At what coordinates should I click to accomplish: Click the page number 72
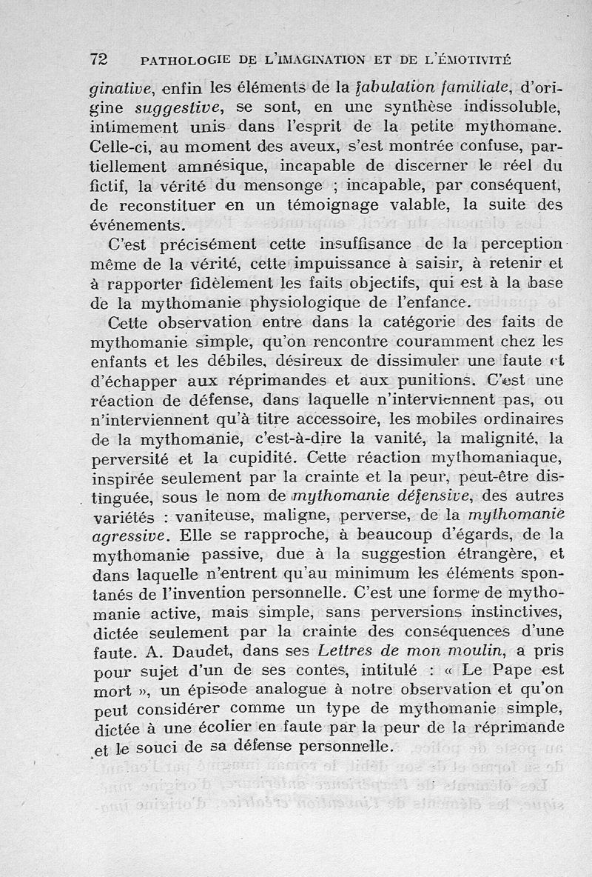(x=99, y=58)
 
